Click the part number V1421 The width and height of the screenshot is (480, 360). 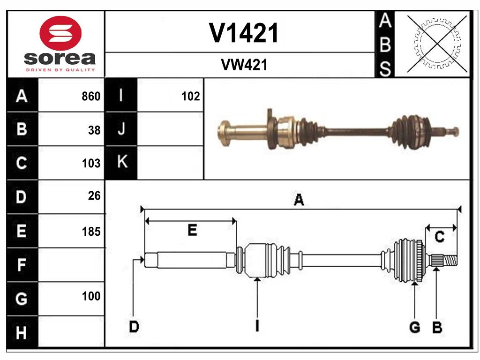click(x=244, y=33)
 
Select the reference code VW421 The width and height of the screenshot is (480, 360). click(x=244, y=65)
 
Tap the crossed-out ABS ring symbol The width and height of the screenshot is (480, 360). click(x=437, y=44)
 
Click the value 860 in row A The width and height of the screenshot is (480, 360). click(x=91, y=97)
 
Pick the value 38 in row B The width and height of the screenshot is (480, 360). click(x=94, y=130)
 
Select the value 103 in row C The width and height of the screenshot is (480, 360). click(x=91, y=164)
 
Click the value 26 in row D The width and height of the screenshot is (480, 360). click(x=94, y=196)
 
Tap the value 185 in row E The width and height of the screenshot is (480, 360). click(x=91, y=231)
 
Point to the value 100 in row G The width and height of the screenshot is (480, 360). click(x=91, y=296)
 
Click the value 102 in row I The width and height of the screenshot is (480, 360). click(x=190, y=97)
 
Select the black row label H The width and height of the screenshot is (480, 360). click(x=22, y=333)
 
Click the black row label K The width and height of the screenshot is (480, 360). click(x=121, y=162)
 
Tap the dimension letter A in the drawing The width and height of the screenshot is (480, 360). click(x=299, y=200)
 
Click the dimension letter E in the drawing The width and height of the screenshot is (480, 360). click(x=192, y=230)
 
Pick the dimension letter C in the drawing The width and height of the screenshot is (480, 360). click(x=439, y=237)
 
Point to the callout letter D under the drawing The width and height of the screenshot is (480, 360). click(x=134, y=327)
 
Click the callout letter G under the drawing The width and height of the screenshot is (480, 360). click(x=414, y=327)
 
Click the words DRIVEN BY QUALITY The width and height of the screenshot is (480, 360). click(x=60, y=69)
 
